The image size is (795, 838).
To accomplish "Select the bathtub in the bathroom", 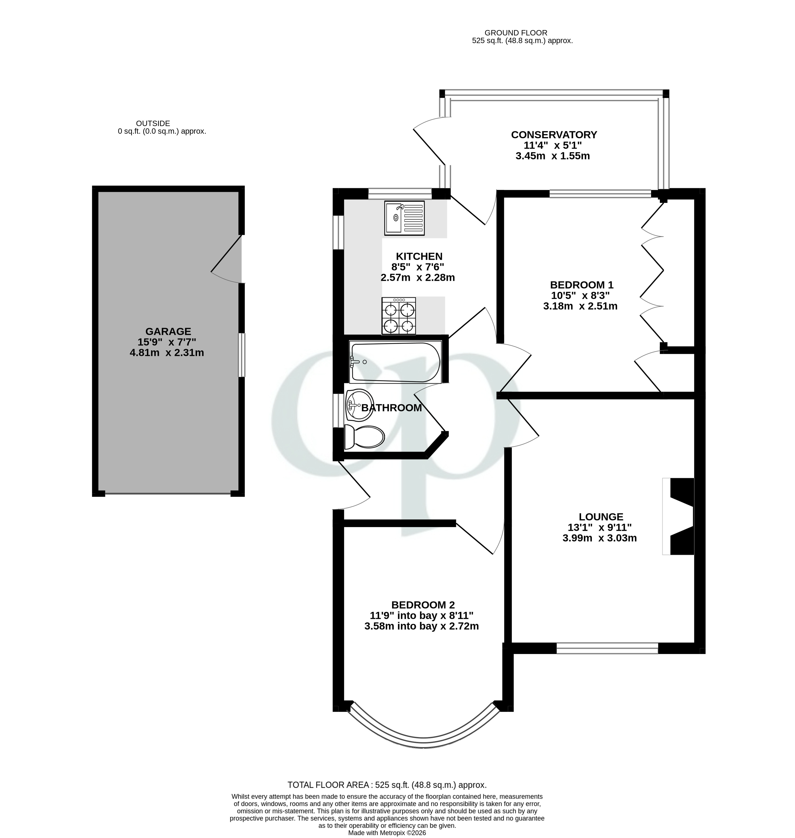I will (395, 362).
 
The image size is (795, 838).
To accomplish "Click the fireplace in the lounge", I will (679, 516).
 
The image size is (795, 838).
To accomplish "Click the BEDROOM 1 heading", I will (581, 285).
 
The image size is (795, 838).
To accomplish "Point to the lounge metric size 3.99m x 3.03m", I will (599, 538).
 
